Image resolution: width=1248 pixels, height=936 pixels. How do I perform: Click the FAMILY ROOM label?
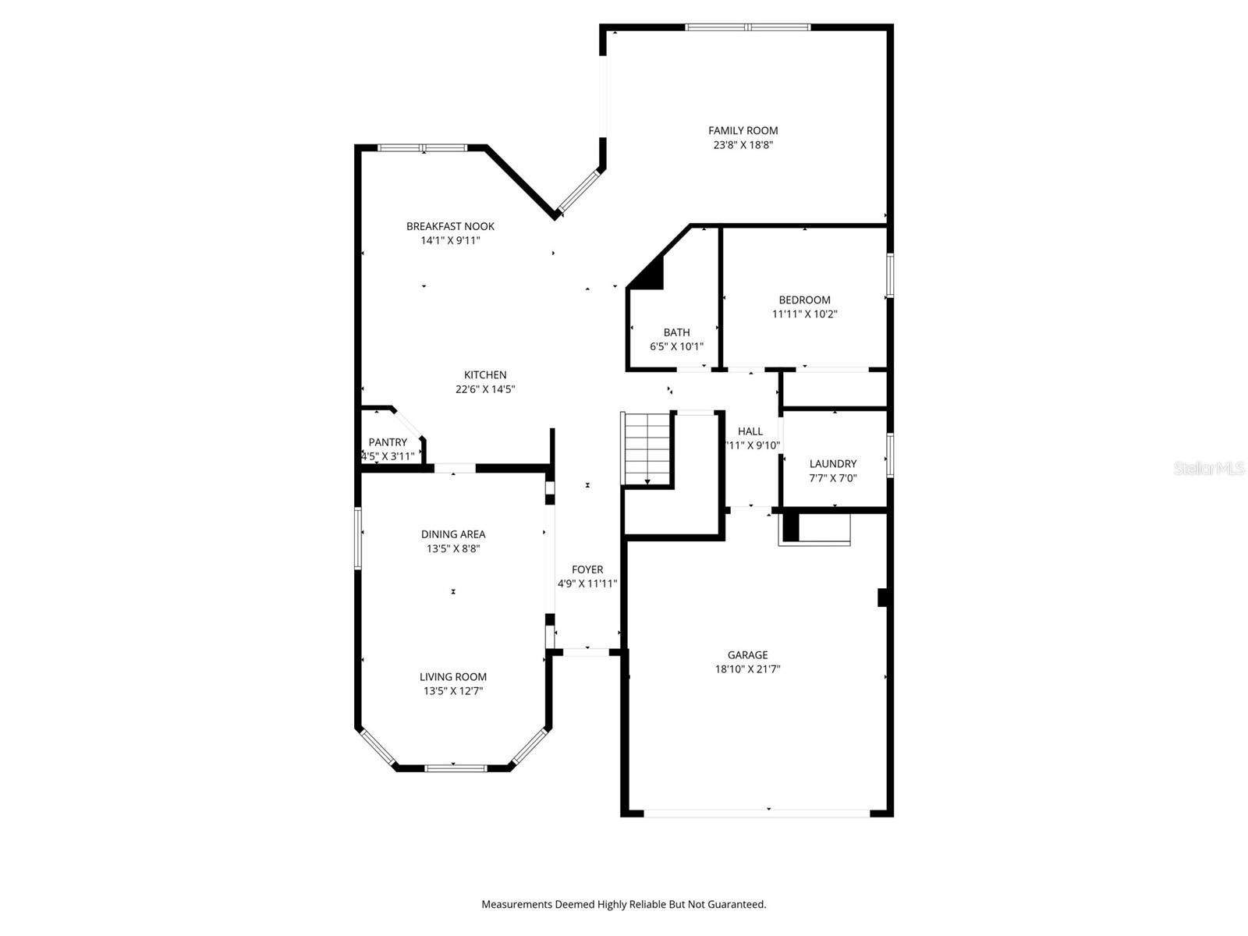pyautogui.click(x=743, y=131)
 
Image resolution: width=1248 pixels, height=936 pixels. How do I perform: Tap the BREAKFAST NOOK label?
pyautogui.click(x=450, y=226)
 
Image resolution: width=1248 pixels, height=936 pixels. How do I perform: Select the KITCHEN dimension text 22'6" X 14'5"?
pyautogui.click(x=485, y=389)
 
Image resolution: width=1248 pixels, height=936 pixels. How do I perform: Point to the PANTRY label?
pyautogui.click(x=388, y=442)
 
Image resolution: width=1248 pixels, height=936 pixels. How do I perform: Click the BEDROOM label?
pyautogui.click(x=804, y=300)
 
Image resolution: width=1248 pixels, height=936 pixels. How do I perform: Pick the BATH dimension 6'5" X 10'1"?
pyautogui.click(x=676, y=346)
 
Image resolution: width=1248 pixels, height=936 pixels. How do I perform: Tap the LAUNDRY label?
pyautogui.click(x=832, y=463)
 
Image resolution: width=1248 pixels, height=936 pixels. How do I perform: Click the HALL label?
pyautogui.click(x=750, y=431)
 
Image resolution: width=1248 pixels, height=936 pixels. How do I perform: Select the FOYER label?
pyautogui.click(x=587, y=569)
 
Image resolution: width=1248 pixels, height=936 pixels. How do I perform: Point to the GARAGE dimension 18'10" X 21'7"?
pyautogui.click(x=747, y=669)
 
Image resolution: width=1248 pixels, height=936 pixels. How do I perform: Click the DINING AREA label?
pyautogui.click(x=453, y=534)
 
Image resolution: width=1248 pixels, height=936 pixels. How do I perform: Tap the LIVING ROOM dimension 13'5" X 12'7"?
pyautogui.click(x=453, y=691)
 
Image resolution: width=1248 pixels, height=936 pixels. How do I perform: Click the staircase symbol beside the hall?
pyautogui.click(x=647, y=448)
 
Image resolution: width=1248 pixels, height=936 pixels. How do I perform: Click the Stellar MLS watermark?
pyautogui.click(x=1209, y=469)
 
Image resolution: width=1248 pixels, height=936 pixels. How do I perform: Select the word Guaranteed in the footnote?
pyautogui.click(x=735, y=905)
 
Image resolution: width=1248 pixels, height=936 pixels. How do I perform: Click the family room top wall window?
pyautogui.click(x=747, y=27)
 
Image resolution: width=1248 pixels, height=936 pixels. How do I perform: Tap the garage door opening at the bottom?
pyautogui.click(x=757, y=813)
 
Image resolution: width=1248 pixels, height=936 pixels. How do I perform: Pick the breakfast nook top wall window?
pyautogui.click(x=422, y=147)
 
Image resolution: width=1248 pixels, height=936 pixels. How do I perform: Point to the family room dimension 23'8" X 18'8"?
pyautogui.click(x=743, y=145)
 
